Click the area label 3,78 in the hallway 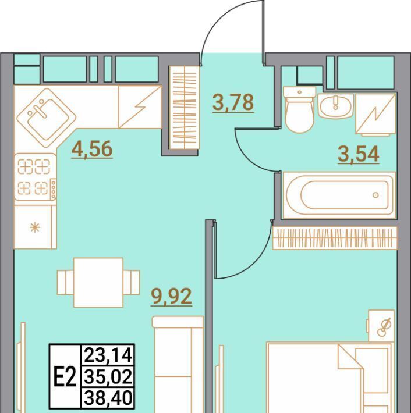tap(233, 102)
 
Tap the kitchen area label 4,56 tap(92, 149)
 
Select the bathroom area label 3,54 tap(359, 154)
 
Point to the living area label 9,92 tap(171, 296)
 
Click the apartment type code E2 tap(65, 377)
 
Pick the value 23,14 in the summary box tap(108, 355)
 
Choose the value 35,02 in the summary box tap(108, 377)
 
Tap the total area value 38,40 tap(108, 398)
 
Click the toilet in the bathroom tap(299, 110)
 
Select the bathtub tap(339, 195)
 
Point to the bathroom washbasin tap(335, 106)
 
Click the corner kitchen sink tap(47, 118)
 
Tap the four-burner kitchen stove tap(35, 177)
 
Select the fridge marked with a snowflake tap(35, 227)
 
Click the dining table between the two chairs tap(98, 282)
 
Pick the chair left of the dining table tap(66, 282)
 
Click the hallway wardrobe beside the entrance tap(185, 108)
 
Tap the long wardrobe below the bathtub tap(335, 237)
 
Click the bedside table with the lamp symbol tap(381, 326)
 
